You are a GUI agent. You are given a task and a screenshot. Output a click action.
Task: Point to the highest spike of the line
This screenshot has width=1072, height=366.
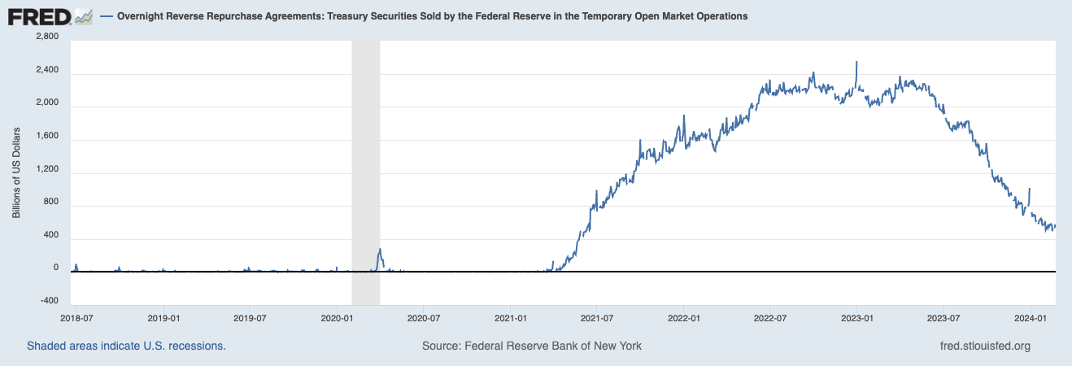856,62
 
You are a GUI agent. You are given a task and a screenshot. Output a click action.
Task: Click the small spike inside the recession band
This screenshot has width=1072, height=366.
380,250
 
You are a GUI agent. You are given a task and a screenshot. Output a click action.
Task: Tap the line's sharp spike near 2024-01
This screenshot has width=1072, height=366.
1030,189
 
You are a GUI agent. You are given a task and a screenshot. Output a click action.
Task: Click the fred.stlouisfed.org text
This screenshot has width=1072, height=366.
984,346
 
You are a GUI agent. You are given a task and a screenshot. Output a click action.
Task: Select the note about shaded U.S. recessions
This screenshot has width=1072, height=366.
126,346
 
